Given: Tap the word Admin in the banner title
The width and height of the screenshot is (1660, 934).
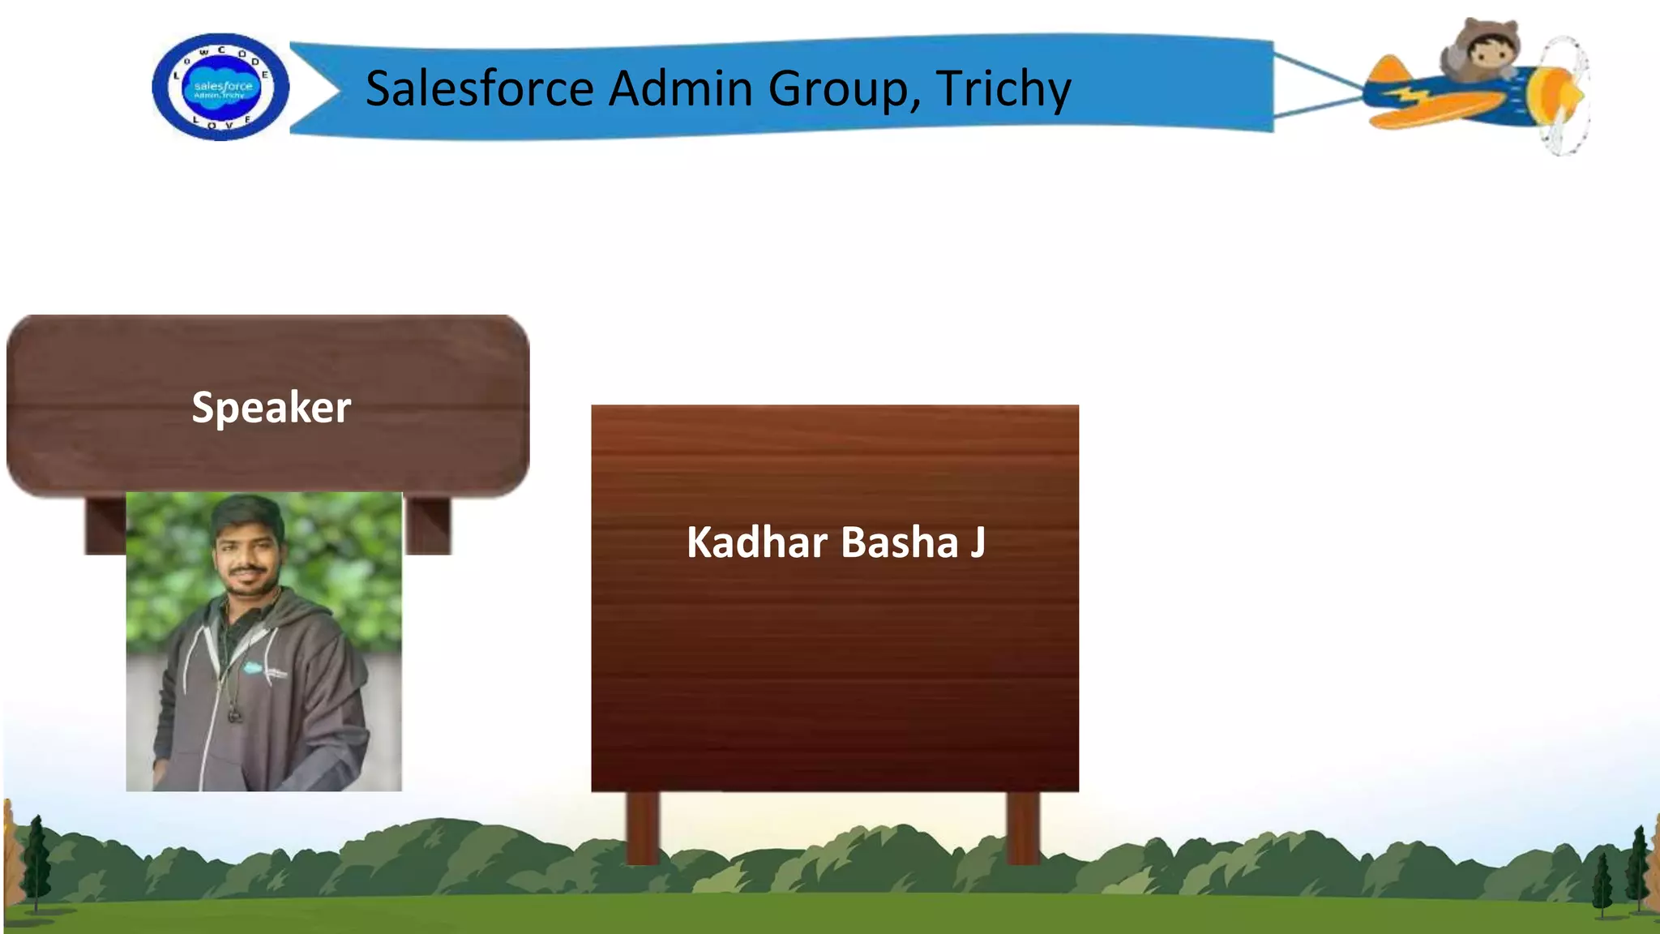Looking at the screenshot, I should coord(680,88).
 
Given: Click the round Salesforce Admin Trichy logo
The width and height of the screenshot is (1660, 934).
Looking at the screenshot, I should coord(220,87).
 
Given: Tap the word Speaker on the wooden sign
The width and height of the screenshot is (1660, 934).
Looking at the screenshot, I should coord(272,407).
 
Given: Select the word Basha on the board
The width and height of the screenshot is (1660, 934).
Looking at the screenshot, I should coord(900,542).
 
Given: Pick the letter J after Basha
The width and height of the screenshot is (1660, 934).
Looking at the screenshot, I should coord(978,542).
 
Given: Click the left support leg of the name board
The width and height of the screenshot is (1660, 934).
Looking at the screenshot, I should coord(643,827).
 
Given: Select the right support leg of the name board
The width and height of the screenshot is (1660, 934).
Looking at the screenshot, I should coord(1023,827).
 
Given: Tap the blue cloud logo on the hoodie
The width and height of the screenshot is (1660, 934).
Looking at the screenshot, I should coord(253,668).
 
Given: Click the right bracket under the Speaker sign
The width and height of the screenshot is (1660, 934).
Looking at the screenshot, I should coord(427,525).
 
